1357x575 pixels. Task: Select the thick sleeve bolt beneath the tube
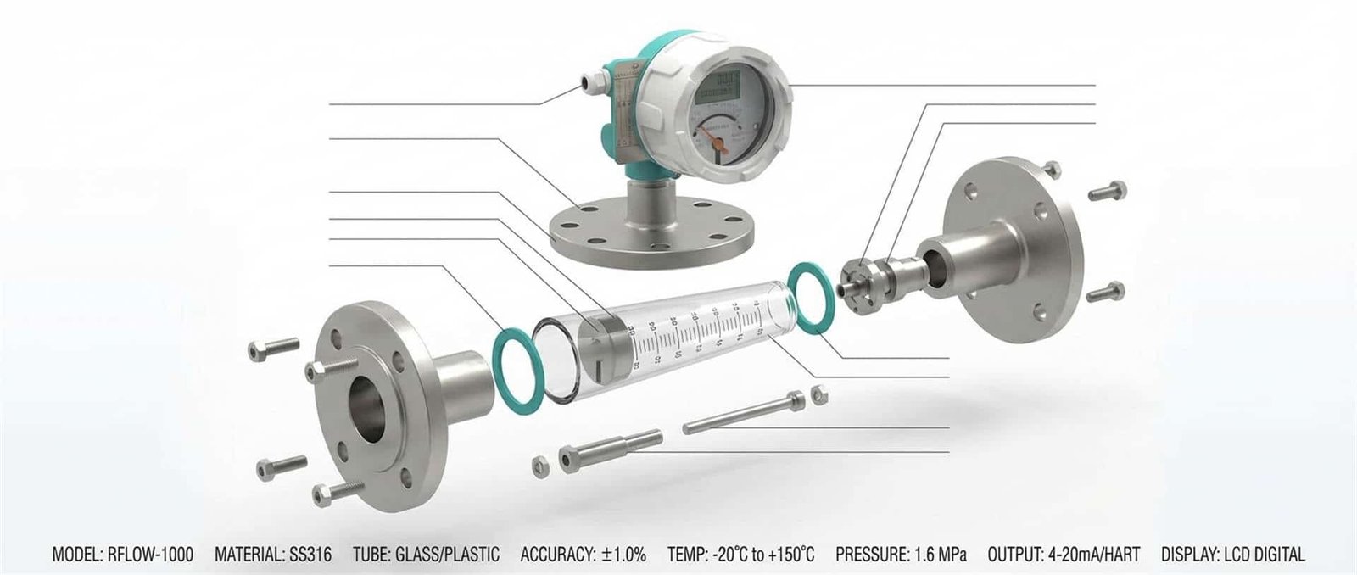point(611,449)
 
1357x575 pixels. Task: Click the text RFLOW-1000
point(150,555)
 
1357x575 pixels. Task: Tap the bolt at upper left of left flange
point(273,348)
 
